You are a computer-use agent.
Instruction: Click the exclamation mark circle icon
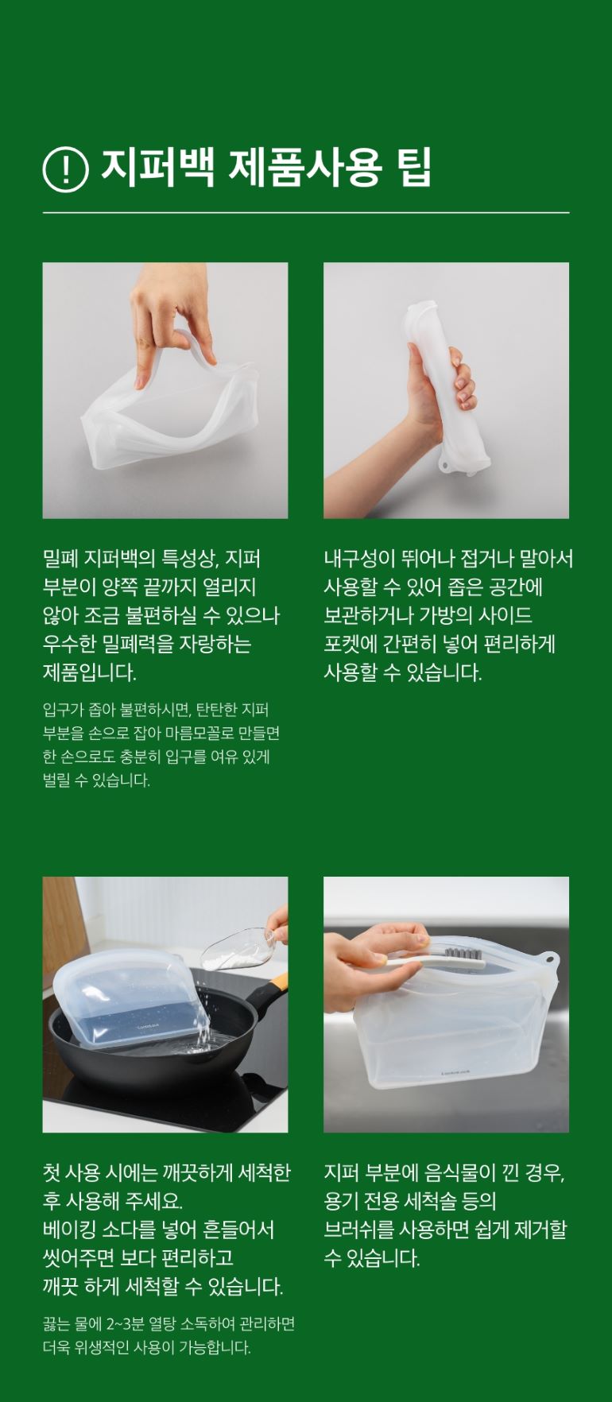[x=65, y=169]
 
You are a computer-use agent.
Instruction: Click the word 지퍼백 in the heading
[x=157, y=168]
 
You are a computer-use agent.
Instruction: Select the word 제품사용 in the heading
[x=305, y=168]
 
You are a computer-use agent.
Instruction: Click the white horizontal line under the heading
[x=306, y=213]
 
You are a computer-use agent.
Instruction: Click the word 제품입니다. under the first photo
[x=90, y=673]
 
